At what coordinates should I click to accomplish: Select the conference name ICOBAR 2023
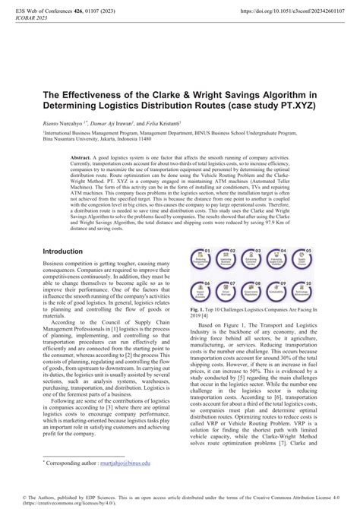[x=24, y=20]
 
